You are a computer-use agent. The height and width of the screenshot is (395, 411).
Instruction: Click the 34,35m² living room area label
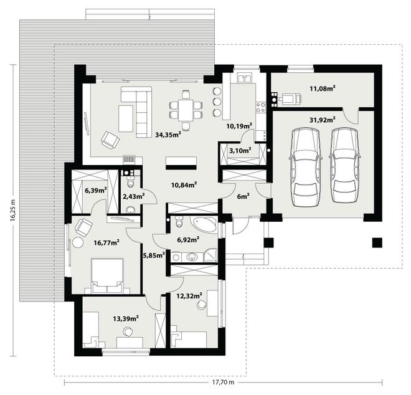point(168,135)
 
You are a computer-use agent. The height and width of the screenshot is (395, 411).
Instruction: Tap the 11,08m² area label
point(323,88)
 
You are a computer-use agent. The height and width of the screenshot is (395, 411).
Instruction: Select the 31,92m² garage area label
point(323,120)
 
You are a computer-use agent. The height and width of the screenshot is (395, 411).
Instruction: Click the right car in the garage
point(345,166)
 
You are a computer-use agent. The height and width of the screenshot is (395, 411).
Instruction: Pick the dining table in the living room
point(186,110)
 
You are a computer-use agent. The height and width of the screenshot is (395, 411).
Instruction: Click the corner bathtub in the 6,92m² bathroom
point(204,224)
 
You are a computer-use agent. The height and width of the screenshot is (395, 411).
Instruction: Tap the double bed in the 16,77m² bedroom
point(107,275)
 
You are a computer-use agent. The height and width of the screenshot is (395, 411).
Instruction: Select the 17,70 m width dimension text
point(223,382)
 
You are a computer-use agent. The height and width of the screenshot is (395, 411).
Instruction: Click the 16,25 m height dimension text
point(13,211)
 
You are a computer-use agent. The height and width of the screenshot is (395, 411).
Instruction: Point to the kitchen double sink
point(245,79)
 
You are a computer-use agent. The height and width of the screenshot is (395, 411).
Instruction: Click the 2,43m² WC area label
point(134,196)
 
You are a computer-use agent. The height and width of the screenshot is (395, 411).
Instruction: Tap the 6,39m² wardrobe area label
point(96,190)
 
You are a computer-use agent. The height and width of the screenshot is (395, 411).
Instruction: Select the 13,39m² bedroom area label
point(126,318)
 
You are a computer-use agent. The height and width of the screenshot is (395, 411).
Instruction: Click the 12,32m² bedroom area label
point(189,296)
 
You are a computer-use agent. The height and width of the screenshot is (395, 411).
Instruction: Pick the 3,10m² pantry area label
point(240,151)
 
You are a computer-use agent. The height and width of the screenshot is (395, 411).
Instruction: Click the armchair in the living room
point(110,140)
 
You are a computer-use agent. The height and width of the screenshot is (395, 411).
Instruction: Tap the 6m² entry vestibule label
point(243,196)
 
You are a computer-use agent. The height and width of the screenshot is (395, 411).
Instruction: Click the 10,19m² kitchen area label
point(239,126)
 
